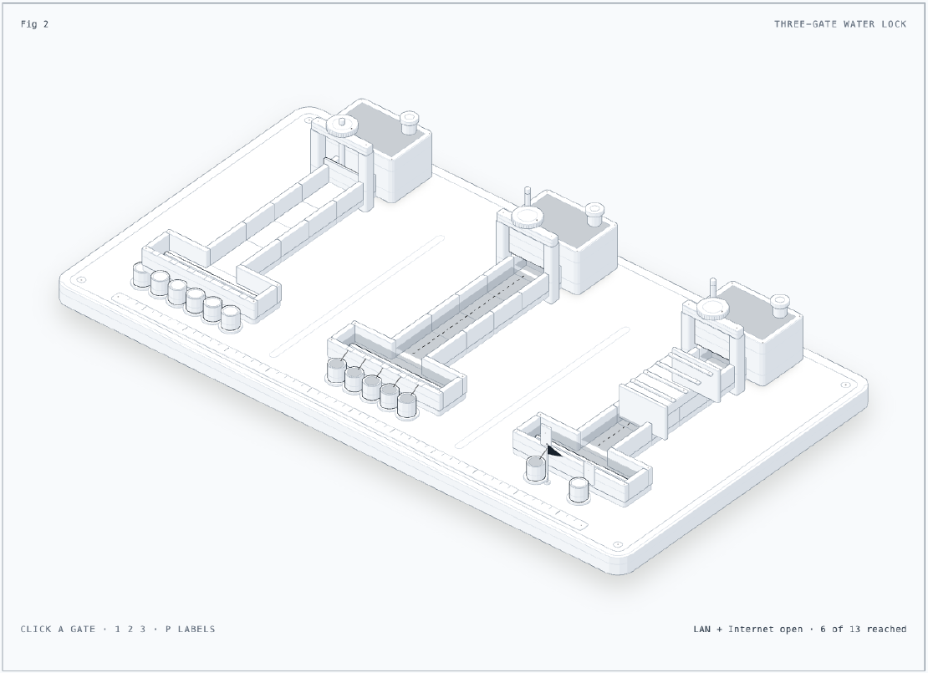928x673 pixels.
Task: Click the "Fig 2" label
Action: [34, 24]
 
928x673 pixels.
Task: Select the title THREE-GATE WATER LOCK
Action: [840, 24]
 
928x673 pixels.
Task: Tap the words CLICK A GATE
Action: [58, 629]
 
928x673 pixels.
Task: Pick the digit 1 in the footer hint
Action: [117, 629]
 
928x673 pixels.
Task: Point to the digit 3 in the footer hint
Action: [143, 629]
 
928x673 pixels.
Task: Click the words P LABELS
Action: [190, 629]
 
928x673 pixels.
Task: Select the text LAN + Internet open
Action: [748, 629]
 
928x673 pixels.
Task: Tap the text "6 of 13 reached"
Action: [863, 629]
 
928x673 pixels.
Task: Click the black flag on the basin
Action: [553, 451]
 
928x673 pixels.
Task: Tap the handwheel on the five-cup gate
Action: [528, 217]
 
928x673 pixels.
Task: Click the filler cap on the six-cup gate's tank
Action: [410, 121]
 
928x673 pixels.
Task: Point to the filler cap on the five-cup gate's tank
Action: [594, 213]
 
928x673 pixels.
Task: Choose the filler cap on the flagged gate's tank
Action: [780, 303]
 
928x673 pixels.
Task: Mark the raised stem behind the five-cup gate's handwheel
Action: [528, 197]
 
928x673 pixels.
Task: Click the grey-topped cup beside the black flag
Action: [536, 469]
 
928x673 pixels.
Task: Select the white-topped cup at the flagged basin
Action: [579, 490]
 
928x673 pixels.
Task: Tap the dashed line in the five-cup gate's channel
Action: [467, 314]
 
